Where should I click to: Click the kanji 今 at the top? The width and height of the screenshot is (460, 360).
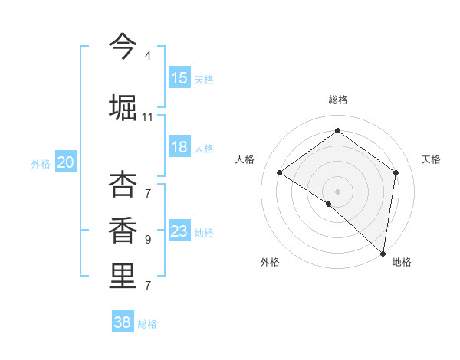[x=123, y=47]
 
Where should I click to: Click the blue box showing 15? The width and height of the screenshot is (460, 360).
[x=179, y=78]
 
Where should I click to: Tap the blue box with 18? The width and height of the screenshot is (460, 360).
[x=179, y=147]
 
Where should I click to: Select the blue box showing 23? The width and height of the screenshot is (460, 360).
[x=179, y=231]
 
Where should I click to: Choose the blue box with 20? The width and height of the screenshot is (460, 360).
[x=66, y=162]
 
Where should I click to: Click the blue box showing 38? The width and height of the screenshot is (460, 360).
[x=123, y=322]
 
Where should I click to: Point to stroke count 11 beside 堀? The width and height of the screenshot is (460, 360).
[x=147, y=116]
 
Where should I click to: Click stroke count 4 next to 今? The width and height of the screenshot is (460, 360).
[x=147, y=56]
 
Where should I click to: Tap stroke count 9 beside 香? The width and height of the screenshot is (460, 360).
[x=147, y=240]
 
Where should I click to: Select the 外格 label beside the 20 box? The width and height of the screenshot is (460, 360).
[x=41, y=163]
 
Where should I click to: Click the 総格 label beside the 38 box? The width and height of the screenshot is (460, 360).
[x=147, y=324]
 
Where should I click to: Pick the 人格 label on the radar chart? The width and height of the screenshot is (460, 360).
[x=245, y=159]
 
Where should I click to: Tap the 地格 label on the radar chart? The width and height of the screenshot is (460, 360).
[x=402, y=262]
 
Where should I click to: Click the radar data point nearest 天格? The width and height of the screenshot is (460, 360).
[x=396, y=172]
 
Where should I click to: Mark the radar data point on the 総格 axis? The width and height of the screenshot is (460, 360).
[x=337, y=131]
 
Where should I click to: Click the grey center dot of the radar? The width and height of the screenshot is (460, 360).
[x=337, y=191]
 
